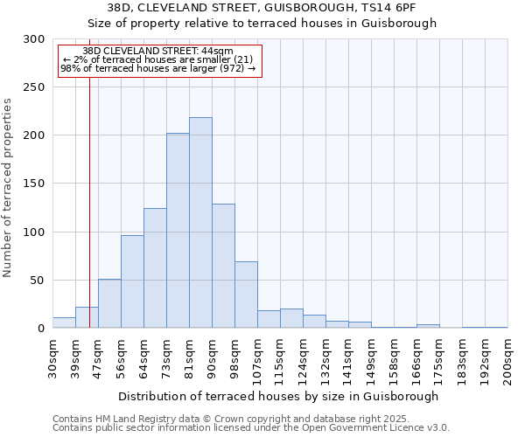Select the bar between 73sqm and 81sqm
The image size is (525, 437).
pyautogui.click(x=178, y=231)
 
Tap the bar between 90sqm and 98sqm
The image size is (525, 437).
pyautogui.click(x=223, y=266)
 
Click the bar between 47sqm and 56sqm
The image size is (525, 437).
pyautogui.click(x=109, y=303)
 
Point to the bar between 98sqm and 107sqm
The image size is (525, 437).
pyautogui.click(x=246, y=295)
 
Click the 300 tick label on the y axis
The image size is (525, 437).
pyautogui.click(x=34, y=39)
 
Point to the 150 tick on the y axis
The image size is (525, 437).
pyautogui.click(x=34, y=184)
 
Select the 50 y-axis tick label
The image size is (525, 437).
pyautogui.click(x=38, y=281)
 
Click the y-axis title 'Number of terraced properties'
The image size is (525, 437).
pyautogui.click(x=8, y=188)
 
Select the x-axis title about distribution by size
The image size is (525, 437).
pyautogui.click(x=279, y=396)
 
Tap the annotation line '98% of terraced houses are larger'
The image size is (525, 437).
pyautogui.click(x=158, y=68)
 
